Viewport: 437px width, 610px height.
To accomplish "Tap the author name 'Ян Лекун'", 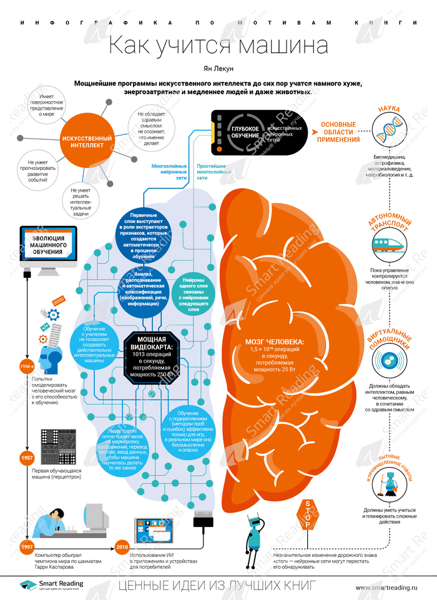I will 218,68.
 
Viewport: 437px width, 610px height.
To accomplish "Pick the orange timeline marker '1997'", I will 26,547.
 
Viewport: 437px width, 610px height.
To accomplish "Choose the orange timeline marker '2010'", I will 122,547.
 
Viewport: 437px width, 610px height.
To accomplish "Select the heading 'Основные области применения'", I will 338,132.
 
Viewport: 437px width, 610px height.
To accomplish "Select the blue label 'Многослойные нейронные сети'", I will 169,172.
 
